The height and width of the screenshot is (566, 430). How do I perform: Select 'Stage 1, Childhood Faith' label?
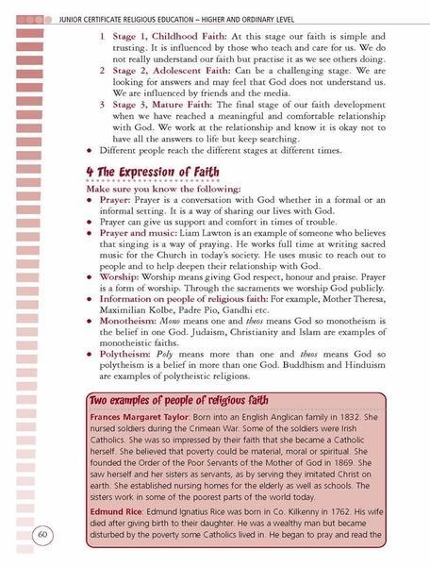tap(166, 36)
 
